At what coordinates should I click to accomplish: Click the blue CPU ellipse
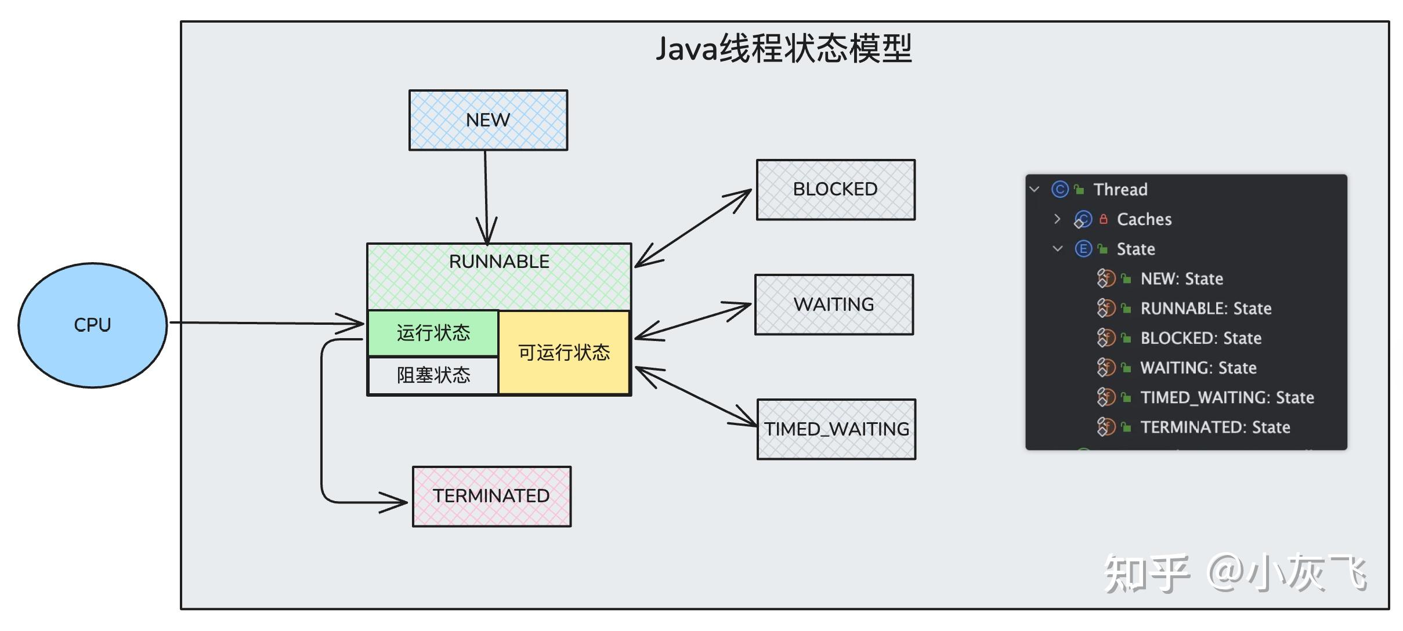point(92,325)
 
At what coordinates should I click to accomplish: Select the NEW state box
point(488,120)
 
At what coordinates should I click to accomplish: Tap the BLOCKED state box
point(835,190)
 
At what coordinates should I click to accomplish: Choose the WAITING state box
point(834,304)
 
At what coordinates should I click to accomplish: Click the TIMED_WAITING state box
point(836,429)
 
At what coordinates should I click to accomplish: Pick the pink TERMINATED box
point(491,496)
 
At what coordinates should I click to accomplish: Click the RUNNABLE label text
point(499,262)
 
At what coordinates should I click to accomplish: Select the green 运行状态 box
point(433,333)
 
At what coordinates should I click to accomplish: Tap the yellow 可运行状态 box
point(564,353)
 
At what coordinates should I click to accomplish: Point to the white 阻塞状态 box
point(433,375)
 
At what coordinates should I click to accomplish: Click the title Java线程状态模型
point(784,49)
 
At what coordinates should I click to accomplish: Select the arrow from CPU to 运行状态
point(261,323)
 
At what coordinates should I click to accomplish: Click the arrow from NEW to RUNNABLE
point(486,191)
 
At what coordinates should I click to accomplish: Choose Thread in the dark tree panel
point(1120,190)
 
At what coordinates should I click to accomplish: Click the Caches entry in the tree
point(1144,219)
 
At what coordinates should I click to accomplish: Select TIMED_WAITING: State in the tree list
point(1227,397)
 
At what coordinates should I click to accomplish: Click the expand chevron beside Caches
point(1057,219)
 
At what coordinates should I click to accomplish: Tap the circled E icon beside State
point(1083,249)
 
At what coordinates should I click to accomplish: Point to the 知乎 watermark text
point(1146,574)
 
